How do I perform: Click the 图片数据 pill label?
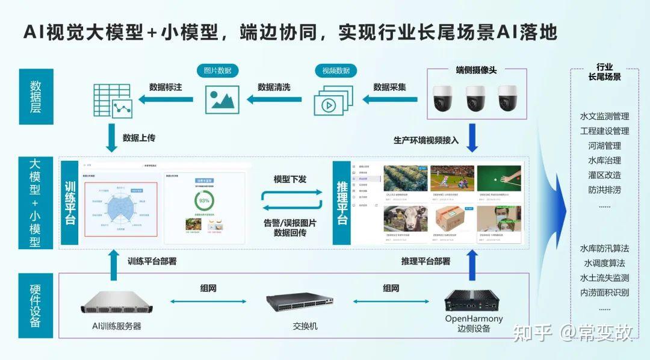[x=217, y=70]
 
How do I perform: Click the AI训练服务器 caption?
[x=117, y=326]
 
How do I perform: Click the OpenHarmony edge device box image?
[x=473, y=299]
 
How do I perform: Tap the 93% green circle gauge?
[x=204, y=200]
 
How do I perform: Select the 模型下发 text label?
[x=290, y=179]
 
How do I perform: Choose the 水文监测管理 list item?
[x=604, y=116]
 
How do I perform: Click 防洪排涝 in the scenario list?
[x=604, y=190]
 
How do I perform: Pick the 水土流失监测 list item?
[x=604, y=278]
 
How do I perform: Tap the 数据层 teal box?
[x=36, y=97]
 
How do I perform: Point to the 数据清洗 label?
[x=274, y=87]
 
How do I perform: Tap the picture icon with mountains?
[x=222, y=99]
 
